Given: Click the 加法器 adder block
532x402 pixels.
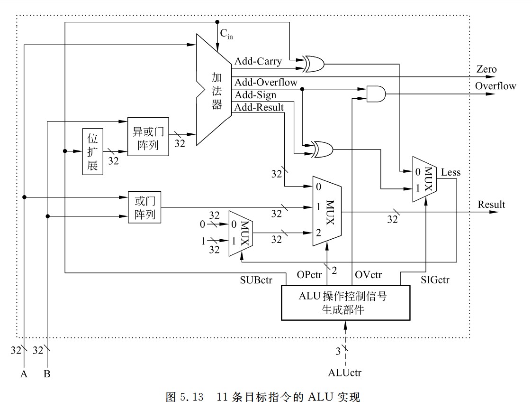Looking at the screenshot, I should point(216,90).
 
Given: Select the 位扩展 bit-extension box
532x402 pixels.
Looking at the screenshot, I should point(92,151).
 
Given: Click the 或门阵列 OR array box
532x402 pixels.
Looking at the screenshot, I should point(144,207).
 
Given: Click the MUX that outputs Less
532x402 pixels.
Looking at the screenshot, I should point(424,180).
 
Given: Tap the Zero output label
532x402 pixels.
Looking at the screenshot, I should point(487,70).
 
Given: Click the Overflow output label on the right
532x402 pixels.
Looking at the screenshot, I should point(495,86).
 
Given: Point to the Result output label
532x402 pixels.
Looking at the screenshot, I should point(491,205).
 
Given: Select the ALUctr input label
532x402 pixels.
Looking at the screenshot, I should point(344,373).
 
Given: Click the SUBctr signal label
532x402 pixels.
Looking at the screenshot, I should point(256,280).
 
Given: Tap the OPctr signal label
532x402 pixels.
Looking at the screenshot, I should point(309,275).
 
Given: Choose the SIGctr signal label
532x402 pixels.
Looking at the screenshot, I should point(434,280).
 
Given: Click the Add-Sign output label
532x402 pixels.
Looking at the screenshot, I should point(256,95).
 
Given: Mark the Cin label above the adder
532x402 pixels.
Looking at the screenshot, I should point(226,34).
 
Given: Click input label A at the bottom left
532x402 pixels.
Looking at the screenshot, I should point(24,374).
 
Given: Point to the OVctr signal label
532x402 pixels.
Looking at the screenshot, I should point(368,275).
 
